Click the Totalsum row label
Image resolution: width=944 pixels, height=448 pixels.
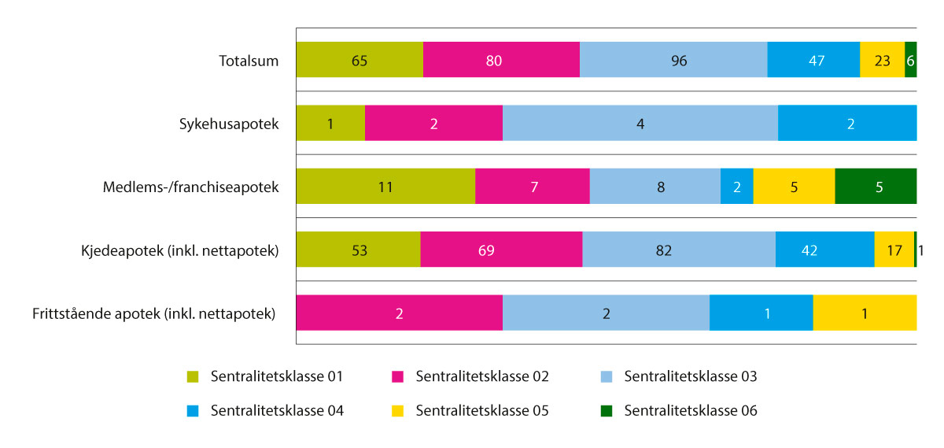tap(249, 61)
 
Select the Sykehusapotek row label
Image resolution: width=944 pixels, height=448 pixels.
tap(228, 124)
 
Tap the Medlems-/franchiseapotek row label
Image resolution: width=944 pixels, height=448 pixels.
tap(191, 187)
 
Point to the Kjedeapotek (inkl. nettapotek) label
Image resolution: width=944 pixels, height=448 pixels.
tap(179, 250)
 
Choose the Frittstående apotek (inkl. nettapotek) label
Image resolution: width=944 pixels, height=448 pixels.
tap(154, 313)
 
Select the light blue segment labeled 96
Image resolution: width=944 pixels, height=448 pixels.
tap(673, 61)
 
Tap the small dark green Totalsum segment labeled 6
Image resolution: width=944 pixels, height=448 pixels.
tap(911, 61)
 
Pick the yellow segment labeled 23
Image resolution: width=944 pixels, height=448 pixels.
tap(882, 61)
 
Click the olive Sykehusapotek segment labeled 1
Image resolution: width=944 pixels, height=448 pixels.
tap(330, 124)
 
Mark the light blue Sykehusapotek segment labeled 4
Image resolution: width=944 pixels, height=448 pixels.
tap(640, 124)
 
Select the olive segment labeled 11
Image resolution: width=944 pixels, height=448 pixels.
tap(385, 187)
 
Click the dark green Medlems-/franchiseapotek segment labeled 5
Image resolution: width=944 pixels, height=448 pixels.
tap(876, 187)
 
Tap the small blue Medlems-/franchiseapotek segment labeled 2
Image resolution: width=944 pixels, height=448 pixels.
tap(736, 187)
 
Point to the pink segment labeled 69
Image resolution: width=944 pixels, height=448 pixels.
tap(501, 250)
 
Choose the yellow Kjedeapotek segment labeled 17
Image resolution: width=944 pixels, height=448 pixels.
tap(894, 250)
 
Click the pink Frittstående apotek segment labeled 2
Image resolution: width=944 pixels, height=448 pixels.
tap(399, 313)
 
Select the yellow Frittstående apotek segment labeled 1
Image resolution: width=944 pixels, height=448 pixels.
tap(865, 313)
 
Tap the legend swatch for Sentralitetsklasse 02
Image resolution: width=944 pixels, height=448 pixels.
tap(398, 376)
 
